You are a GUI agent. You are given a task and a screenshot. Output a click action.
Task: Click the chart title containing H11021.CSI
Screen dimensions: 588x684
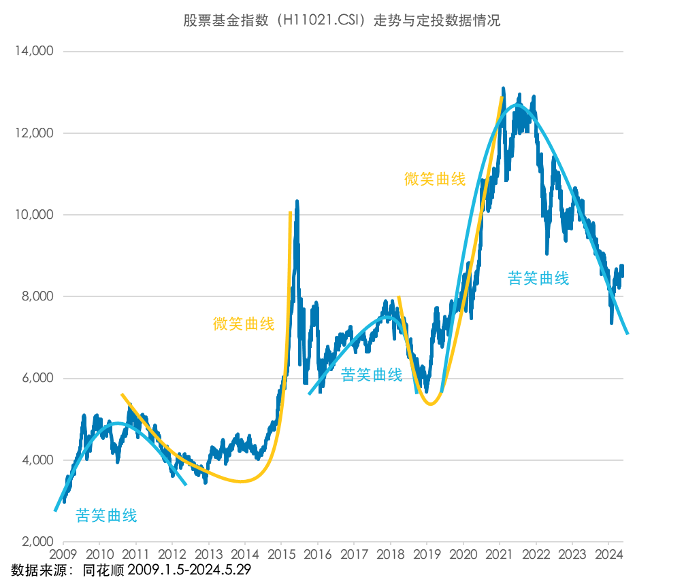342,20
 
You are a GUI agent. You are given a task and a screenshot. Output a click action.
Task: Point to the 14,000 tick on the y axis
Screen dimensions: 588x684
34,51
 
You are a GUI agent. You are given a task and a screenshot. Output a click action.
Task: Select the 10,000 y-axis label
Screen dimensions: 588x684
34,215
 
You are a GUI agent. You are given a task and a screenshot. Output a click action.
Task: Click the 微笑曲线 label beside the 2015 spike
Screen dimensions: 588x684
244,324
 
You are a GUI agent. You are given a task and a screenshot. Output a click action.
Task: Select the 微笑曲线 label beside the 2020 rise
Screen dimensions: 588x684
435,179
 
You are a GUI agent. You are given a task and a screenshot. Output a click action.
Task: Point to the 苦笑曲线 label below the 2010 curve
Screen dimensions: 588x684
106,516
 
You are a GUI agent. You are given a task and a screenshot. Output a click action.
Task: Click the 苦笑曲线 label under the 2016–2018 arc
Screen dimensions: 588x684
372,375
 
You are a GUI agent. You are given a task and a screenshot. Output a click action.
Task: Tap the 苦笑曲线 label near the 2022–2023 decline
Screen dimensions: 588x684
538,278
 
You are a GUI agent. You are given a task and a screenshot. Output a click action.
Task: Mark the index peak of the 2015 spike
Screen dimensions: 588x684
297,201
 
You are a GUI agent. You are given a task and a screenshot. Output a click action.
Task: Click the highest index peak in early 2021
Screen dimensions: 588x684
503,88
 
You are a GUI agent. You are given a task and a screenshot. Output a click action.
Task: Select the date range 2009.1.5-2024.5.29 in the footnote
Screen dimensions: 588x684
189,570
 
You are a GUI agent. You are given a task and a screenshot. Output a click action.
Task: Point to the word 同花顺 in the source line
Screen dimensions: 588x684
103,570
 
